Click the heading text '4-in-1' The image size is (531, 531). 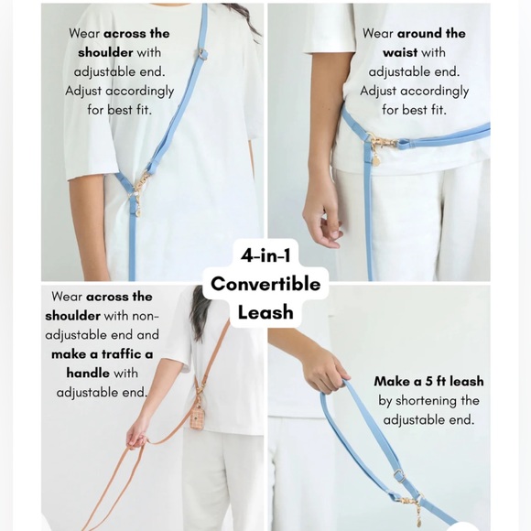tap(265, 255)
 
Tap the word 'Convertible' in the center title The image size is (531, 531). tap(265, 284)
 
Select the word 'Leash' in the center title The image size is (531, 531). tap(265, 312)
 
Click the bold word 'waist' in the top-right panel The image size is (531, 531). tap(400, 53)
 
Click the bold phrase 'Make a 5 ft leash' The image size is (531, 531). tap(428, 381)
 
